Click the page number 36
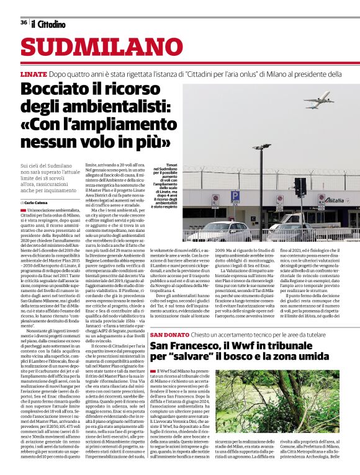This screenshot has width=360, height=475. point(24,22)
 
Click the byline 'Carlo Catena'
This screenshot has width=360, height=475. point(38,203)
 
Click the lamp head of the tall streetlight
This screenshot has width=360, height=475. point(261,148)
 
